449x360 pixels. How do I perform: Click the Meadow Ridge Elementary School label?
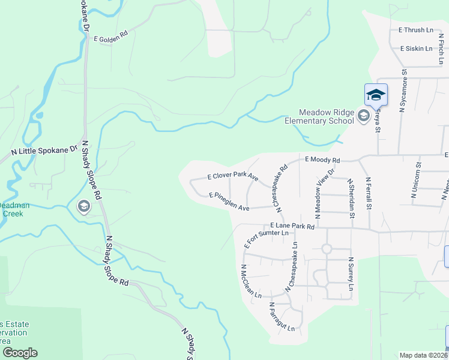[x=327, y=116]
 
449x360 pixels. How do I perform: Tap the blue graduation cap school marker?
[x=376, y=95]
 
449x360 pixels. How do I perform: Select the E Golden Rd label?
[x=111, y=37]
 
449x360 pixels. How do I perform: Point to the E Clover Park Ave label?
[x=232, y=178]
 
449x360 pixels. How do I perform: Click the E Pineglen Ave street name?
[x=229, y=202]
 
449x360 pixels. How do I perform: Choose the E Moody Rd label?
[x=322, y=160]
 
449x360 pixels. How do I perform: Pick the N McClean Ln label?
[x=252, y=282]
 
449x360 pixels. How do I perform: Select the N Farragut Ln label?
[x=282, y=317]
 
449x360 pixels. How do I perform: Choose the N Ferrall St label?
[x=369, y=193]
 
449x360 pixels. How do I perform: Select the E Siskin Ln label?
[x=416, y=49]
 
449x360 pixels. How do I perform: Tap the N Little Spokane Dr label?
[x=45, y=151]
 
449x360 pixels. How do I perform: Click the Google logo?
[x=20, y=353]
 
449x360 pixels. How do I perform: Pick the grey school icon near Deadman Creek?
[x=84, y=207]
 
